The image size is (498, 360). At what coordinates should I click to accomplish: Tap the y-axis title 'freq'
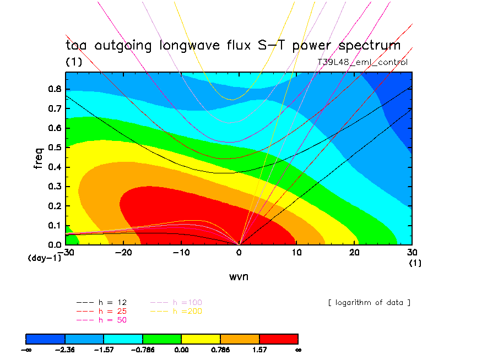click(39, 157)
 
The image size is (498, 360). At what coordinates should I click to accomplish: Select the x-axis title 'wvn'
click(239, 276)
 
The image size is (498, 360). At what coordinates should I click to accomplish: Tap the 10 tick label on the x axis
click(296, 252)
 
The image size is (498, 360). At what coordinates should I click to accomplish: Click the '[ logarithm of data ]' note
click(369, 302)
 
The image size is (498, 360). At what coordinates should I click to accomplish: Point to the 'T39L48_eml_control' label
click(362, 62)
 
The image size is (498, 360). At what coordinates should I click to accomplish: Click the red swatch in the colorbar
click(278, 339)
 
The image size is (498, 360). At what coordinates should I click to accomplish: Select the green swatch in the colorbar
click(162, 339)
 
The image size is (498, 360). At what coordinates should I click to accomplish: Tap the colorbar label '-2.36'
click(65, 349)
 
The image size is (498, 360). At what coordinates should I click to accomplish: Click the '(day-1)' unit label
click(44, 258)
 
